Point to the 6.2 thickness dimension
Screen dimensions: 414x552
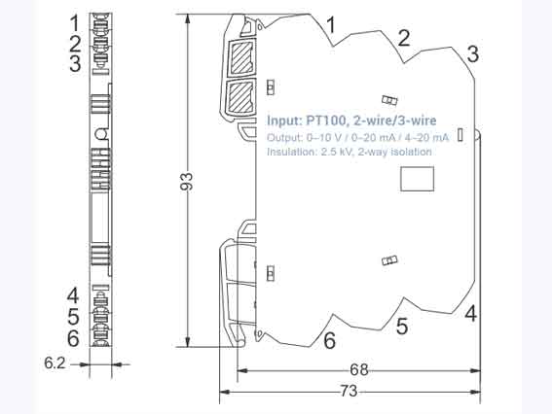pyautogui.click(x=55, y=363)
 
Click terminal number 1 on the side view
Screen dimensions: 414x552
pyautogui.click(x=73, y=20)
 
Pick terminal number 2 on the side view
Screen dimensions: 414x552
pyautogui.click(x=73, y=43)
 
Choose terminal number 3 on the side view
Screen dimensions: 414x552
pyautogui.click(x=73, y=64)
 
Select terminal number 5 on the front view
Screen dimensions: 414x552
pyautogui.click(x=401, y=326)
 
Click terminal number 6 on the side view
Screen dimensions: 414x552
pyautogui.click(x=73, y=338)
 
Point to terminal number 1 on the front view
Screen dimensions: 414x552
pyautogui.click(x=331, y=23)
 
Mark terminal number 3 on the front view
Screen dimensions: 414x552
pyautogui.click(x=471, y=53)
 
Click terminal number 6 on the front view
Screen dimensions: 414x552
pyautogui.click(x=329, y=340)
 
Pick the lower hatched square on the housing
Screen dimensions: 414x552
pyautogui.click(x=240, y=96)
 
